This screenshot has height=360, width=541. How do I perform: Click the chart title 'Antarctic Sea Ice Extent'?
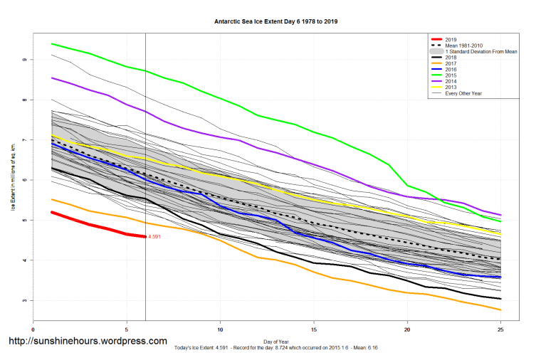coord(275,21)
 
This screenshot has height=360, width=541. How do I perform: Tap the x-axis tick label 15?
coord(314,330)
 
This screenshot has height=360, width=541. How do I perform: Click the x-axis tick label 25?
coord(501,330)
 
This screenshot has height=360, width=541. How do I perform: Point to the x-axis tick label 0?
coord(33,330)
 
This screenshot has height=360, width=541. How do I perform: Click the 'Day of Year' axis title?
coord(276,342)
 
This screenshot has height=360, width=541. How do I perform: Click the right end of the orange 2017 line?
coord(500,309)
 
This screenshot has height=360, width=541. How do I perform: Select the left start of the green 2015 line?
coord(52,44)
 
